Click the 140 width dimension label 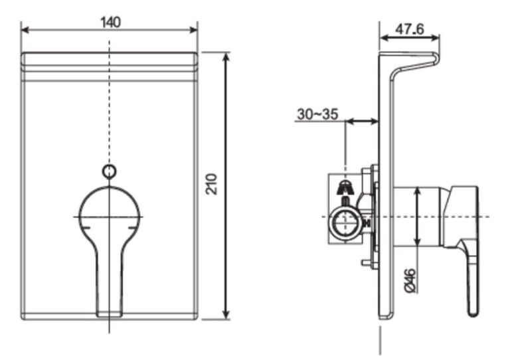[x=110, y=22]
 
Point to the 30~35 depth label [x=317, y=114]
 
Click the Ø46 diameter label [x=410, y=279]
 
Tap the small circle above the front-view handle [x=110, y=171]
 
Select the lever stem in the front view [x=110, y=279]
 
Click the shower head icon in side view [x=344, y=188]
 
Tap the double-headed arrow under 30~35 [x=362, y=122]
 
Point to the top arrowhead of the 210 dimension [x=226, y=57]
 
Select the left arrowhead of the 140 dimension [x=25, y=29]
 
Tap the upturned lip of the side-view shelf [x=436, y=60]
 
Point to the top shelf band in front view [x=110, y=61]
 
